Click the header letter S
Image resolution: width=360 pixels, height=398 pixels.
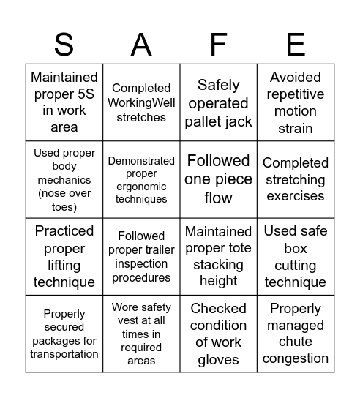[x=64, y=45]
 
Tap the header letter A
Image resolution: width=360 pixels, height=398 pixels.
[x=141, y=45]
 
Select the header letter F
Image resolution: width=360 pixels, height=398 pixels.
[x=218, y=45]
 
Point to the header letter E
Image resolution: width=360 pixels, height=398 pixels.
[x=295, y=45]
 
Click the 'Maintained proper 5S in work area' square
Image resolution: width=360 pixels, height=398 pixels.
[x=64, y=102]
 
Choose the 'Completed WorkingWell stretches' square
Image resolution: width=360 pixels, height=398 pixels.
[x=141, y=102]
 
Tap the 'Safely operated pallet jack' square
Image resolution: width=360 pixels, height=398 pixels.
[x=218, y=102]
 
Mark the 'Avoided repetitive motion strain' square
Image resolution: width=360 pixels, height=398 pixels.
[x=295, y=102]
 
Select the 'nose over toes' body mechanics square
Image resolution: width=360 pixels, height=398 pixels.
[x=64, y=179]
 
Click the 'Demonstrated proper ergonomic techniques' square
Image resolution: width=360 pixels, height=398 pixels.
[x=141, y=179]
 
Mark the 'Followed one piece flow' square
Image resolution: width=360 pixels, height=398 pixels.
[x=218, y=179]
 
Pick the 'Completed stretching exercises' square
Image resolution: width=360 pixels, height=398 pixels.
[x=295, y=179]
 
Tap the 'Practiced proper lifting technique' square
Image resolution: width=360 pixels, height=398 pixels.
[x=64, y=256]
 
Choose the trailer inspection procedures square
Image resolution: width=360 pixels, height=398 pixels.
[x=141, y=256]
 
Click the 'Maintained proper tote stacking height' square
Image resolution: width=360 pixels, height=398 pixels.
[x=218, y=256]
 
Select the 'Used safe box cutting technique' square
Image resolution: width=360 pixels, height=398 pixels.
[x=295, y=256]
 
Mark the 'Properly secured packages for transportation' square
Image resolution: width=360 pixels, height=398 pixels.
[x=64, y=334]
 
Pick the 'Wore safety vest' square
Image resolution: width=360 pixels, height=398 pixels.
[x=141, y=334]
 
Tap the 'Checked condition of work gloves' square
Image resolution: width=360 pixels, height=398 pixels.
[x=218, y=334]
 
